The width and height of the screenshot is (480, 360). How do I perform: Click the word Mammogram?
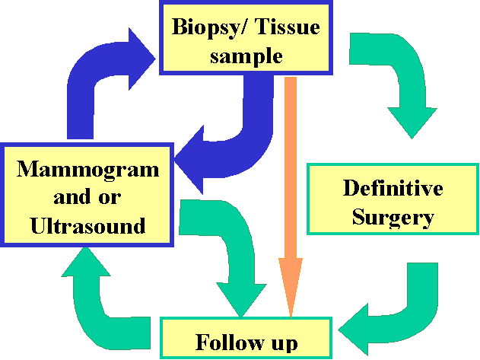[88, 168]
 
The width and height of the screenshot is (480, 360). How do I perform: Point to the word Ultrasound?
[88, 225]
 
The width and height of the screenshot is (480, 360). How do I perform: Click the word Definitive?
[392, 187]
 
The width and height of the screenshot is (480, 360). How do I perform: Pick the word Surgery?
[392, 218]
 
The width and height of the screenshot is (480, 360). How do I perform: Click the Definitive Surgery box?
[392, 199]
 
